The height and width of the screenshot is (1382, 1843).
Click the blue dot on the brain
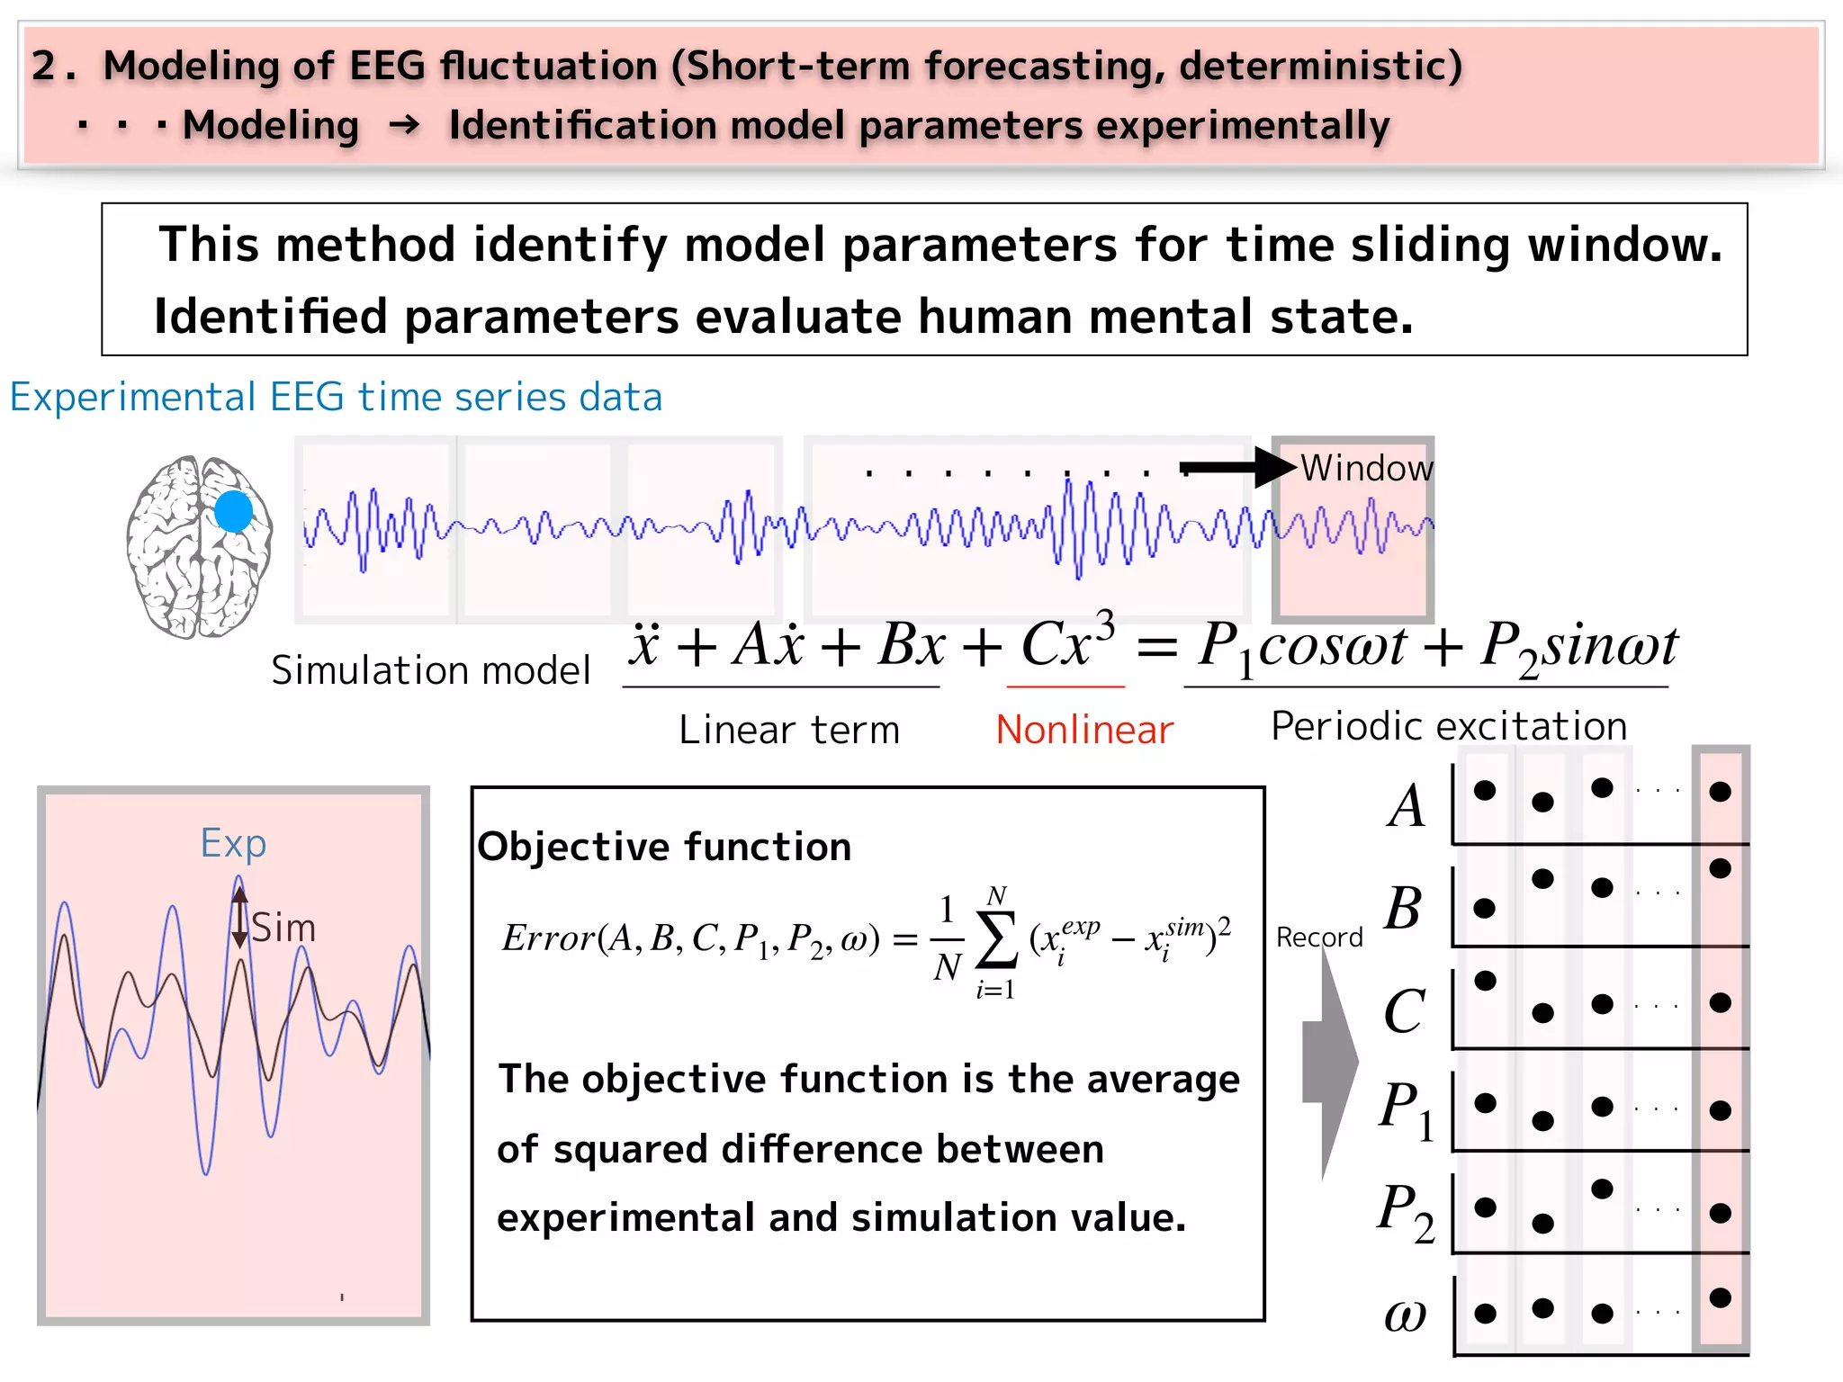coord(234,511)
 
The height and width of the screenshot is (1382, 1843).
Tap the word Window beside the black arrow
coord(1366,469)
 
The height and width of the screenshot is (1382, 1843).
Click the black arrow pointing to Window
coord(1237,468)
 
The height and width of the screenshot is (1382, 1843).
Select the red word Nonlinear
coord(1084,730)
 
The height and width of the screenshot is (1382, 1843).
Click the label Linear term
coord(789,730)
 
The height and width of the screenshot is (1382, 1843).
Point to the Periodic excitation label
coord(1449,726)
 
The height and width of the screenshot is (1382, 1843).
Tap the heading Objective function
coord(664,847)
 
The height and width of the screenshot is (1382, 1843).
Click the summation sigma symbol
coord(996,941)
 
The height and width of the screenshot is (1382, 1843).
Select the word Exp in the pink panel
coord(233,843)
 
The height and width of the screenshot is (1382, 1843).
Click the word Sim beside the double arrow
coord(283,928)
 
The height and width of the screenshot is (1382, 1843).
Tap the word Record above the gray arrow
coord(1319,938)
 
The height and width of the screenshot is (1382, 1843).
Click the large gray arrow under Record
coord(1330,1062)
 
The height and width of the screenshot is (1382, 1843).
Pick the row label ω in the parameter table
coord(1405,1315)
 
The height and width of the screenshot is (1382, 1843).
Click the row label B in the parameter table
coord(1403,908)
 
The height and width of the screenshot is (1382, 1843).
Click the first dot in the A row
coord(1485,790)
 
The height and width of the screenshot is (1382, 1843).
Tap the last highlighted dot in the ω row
coord(1720,1297)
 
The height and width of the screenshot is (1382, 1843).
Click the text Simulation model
coord(430,670)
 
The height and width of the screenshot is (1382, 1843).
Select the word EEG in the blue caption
coord(306,397)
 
